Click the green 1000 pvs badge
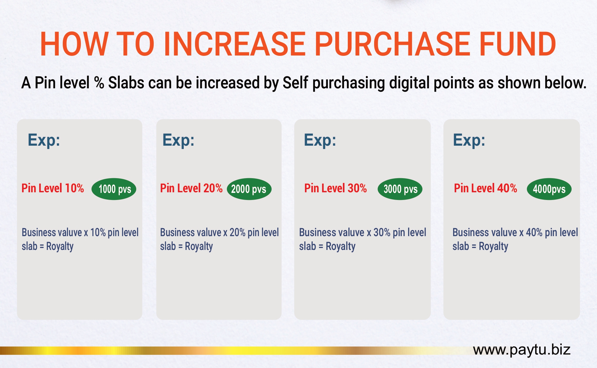(114, 189)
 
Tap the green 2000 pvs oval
(249, 189)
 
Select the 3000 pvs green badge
(400, 189)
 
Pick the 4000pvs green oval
(549, 189)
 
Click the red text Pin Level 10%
(53, 188)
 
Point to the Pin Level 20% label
(191, 188)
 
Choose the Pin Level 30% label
(336, 188)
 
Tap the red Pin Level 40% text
(486, 188)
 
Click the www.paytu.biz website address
(522, 350)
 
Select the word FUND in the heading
(518, 44)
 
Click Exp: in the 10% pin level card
(44, 140)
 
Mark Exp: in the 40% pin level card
(469, 140)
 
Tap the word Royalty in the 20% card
(199, 246)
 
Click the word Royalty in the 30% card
(341, 246)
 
